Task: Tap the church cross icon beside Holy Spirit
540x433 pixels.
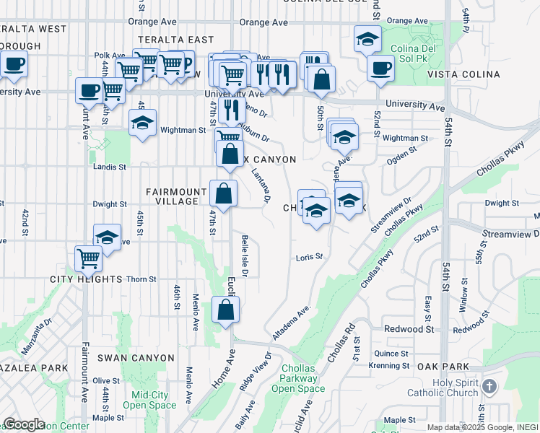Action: tap(489, 387)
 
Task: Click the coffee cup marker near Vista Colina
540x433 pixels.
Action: tap(380, 69)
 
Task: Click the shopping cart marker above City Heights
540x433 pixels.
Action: tap(89, 258)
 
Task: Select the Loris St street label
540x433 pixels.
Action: tap(309, 257)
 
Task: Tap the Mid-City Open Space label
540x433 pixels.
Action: tap(149, 400)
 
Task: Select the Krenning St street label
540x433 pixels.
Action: tap(389, 366)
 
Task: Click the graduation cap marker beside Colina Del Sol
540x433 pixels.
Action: tap(367, 40)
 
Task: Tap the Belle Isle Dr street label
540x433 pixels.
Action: tap(245, 256)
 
